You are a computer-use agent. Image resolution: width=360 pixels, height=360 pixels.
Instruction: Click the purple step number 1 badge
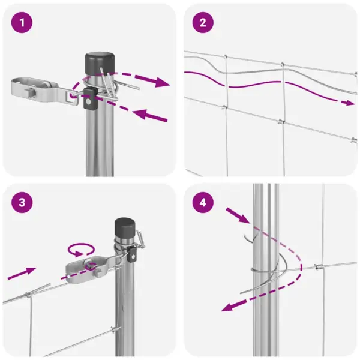pyautogui.click(x=22, y=23)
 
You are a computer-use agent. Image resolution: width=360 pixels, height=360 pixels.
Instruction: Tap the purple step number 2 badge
pyautogui.click(x=203, y=23)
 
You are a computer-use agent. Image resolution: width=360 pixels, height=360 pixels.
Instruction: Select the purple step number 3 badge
pyautogui.click(x=22, y=203)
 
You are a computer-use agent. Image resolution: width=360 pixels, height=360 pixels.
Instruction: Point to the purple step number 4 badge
pyautogui.click(x=203, y=203)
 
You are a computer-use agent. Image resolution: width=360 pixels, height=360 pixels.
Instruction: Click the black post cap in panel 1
pyautogui.click(x=100, y=64)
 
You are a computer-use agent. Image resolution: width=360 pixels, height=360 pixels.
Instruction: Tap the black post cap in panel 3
pyautogui.click(x=125, y=228)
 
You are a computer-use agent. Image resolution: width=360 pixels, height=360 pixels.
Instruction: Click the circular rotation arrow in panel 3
pyautogui.click(x=81, y=250)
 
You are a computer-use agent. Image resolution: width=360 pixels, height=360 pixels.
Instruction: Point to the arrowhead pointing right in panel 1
pyautogui.click(x=163, y=82)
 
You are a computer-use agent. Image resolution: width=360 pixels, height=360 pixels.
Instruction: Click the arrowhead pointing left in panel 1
pyautogui.click(x=140, y=114)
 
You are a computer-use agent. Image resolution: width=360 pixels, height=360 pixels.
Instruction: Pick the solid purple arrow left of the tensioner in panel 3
pyautogui.click(x=22, y=273)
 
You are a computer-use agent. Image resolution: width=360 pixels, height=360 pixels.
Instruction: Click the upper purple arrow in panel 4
pyautogui.click(x=238, y=215)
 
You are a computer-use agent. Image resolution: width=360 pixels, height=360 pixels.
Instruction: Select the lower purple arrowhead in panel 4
pyautogui.click(x=229, y=307)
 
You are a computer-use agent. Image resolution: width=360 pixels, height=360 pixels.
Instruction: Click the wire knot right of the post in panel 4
pyautogui.click(x=318, y=267)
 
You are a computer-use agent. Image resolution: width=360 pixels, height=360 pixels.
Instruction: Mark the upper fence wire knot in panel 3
pyautogui.click(x=28, y=294)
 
